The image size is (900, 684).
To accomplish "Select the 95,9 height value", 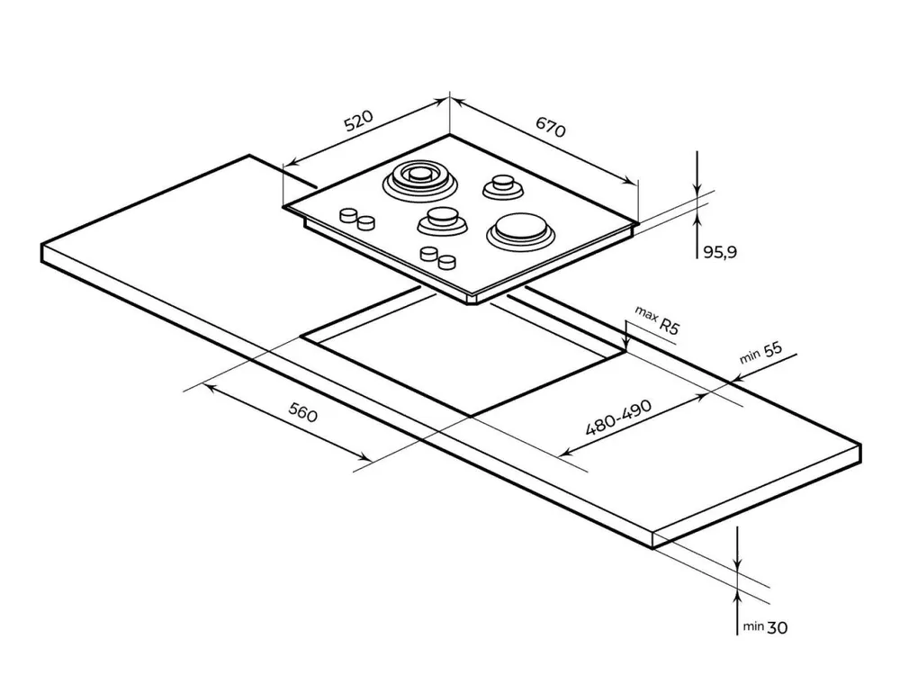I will pos(720,253).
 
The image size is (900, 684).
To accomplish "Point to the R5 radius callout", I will pos(668,327).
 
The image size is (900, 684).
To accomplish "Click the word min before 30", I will pos(752,627).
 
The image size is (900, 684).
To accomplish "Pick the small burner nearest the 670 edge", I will pos(501,186).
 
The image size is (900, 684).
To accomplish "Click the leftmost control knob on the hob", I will pos(346,215).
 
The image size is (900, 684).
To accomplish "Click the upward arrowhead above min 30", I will pos(737,596).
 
